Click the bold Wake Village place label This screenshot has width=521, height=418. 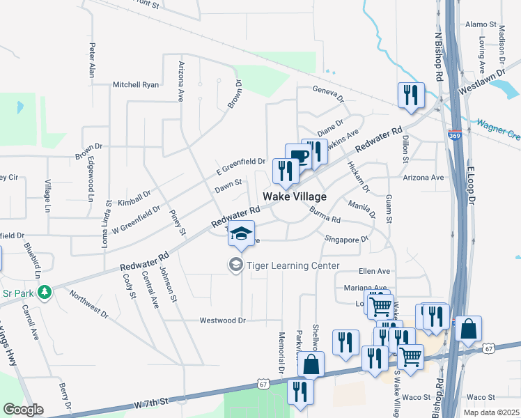point(294,197)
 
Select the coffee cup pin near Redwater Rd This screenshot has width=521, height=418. point(298,156)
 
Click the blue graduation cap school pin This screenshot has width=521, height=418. point(241,233)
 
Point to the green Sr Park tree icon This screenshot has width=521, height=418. point(45,291)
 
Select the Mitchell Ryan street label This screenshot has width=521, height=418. point(136,85)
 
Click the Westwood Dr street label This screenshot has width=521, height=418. point(223,321)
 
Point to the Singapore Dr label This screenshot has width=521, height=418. point(346,239)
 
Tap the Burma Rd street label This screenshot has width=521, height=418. point(324,215)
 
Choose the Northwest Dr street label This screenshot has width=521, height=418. point(88,304)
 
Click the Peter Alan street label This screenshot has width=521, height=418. point(91,61)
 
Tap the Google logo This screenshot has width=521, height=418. point(23,410)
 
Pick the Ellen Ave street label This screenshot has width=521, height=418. point(375,271)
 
